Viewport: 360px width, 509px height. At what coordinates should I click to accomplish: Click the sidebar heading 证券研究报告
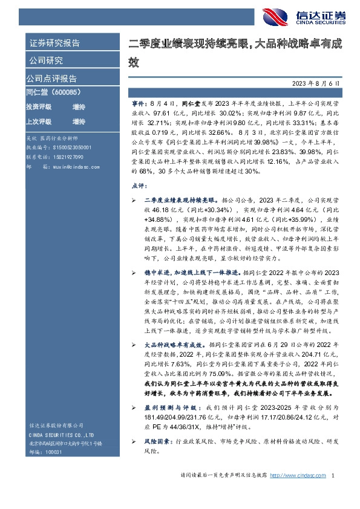point(54,43)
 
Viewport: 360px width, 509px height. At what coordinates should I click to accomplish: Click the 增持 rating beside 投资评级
point(79,106)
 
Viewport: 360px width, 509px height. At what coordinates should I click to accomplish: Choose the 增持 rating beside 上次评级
point(79,121)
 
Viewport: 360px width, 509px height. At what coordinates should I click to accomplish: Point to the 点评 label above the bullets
point(137,170)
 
